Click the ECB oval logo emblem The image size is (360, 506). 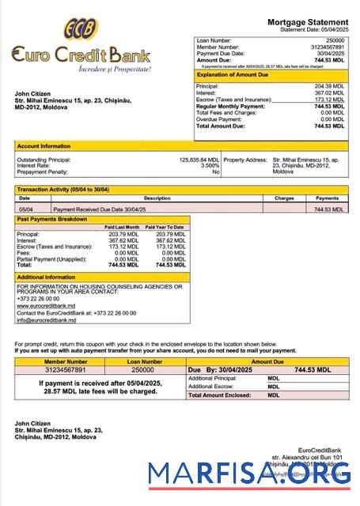tap(81, 30)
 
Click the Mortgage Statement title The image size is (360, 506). tap(307, 21)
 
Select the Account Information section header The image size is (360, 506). tap(44, 146)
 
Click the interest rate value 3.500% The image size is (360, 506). tap(210, 165)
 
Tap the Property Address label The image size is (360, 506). tap(245, 159)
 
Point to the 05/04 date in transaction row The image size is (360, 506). tap(25, 210)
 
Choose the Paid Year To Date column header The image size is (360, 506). tap(164, 227)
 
